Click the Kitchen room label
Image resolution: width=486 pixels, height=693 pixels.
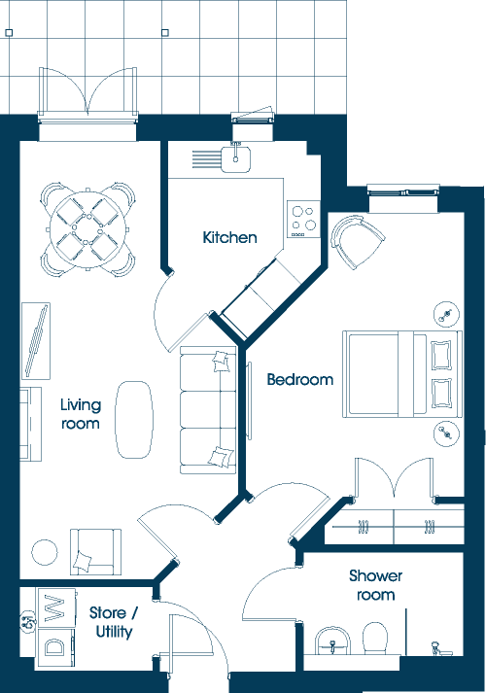tap(229, 237)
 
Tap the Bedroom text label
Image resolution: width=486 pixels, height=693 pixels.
tap(300, 379)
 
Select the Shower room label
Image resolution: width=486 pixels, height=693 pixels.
tap(375, 585)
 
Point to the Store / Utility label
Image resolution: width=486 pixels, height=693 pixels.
tap(114, 622)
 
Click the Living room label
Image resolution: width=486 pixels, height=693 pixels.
tap(81, 414)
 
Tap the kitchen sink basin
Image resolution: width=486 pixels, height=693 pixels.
tap(236, 159)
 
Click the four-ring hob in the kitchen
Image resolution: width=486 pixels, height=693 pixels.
tap(303, 220)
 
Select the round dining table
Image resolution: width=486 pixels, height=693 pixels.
tap(84, 229)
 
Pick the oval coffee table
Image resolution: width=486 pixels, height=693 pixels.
tap(134, 420)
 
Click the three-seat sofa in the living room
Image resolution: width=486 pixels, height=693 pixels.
tap(208, 410)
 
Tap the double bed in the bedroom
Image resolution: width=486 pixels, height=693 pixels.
tap(402, 374)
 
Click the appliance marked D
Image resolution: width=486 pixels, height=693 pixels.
tap(55, 647)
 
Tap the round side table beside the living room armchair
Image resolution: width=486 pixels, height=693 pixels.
tap(44, 552)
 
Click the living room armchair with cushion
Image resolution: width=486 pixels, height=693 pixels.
tap(95, 551)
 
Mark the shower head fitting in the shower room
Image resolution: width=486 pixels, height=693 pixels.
tap(437, 648)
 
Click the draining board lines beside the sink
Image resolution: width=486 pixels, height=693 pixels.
tap(206, 159)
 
